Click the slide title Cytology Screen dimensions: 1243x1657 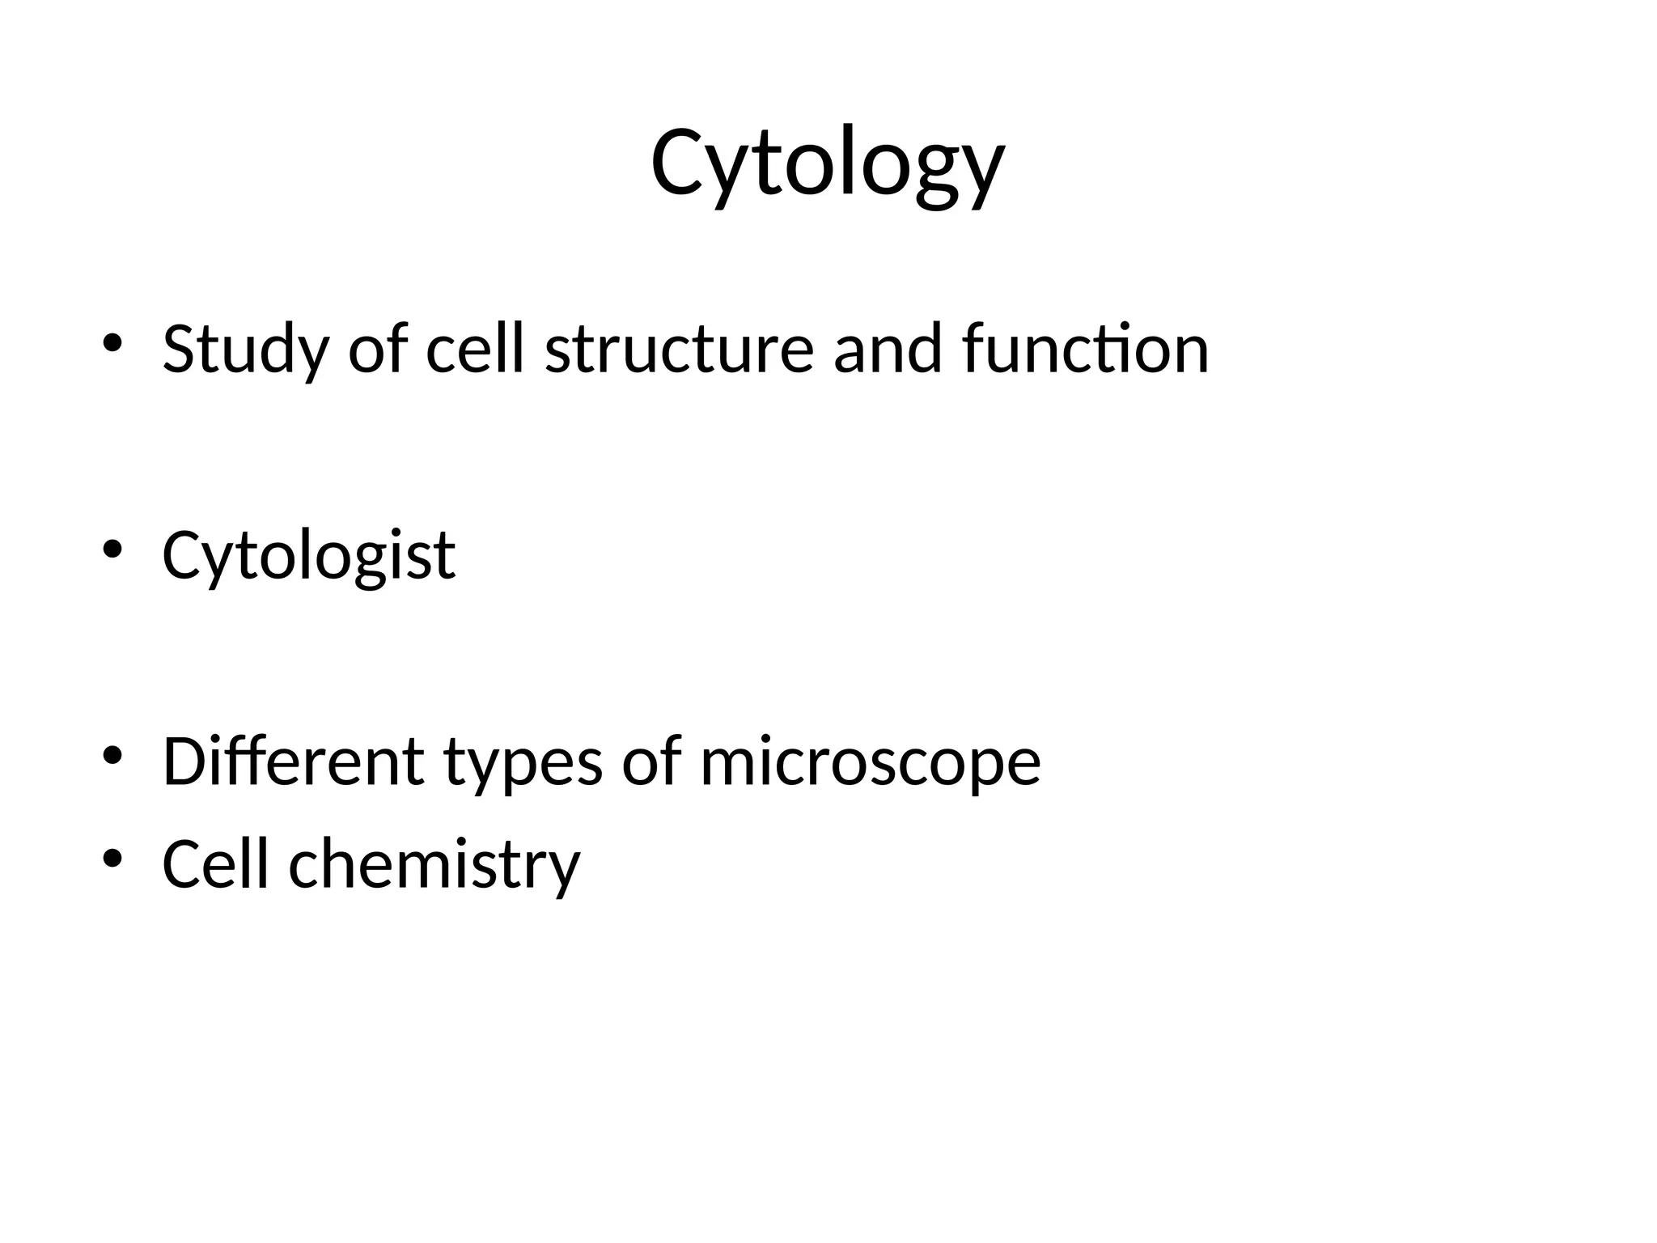[x=827, y=165]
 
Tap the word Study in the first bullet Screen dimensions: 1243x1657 [x=245, y=350]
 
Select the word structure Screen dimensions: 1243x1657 [x=679, y=350]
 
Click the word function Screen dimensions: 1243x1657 [x=1085, y=350]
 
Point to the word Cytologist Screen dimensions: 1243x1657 [x=308, y=557]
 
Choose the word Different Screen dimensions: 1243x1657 [x=293, y=761]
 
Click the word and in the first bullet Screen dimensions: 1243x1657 [x=888, y=350]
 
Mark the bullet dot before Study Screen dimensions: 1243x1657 [x=112, y=343]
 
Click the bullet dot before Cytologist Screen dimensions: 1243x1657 [x=112, y=549]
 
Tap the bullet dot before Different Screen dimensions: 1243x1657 [x=112, y=755]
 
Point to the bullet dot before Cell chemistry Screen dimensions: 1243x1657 [x=112, y=857]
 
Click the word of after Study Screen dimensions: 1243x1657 [x=377, y=350]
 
